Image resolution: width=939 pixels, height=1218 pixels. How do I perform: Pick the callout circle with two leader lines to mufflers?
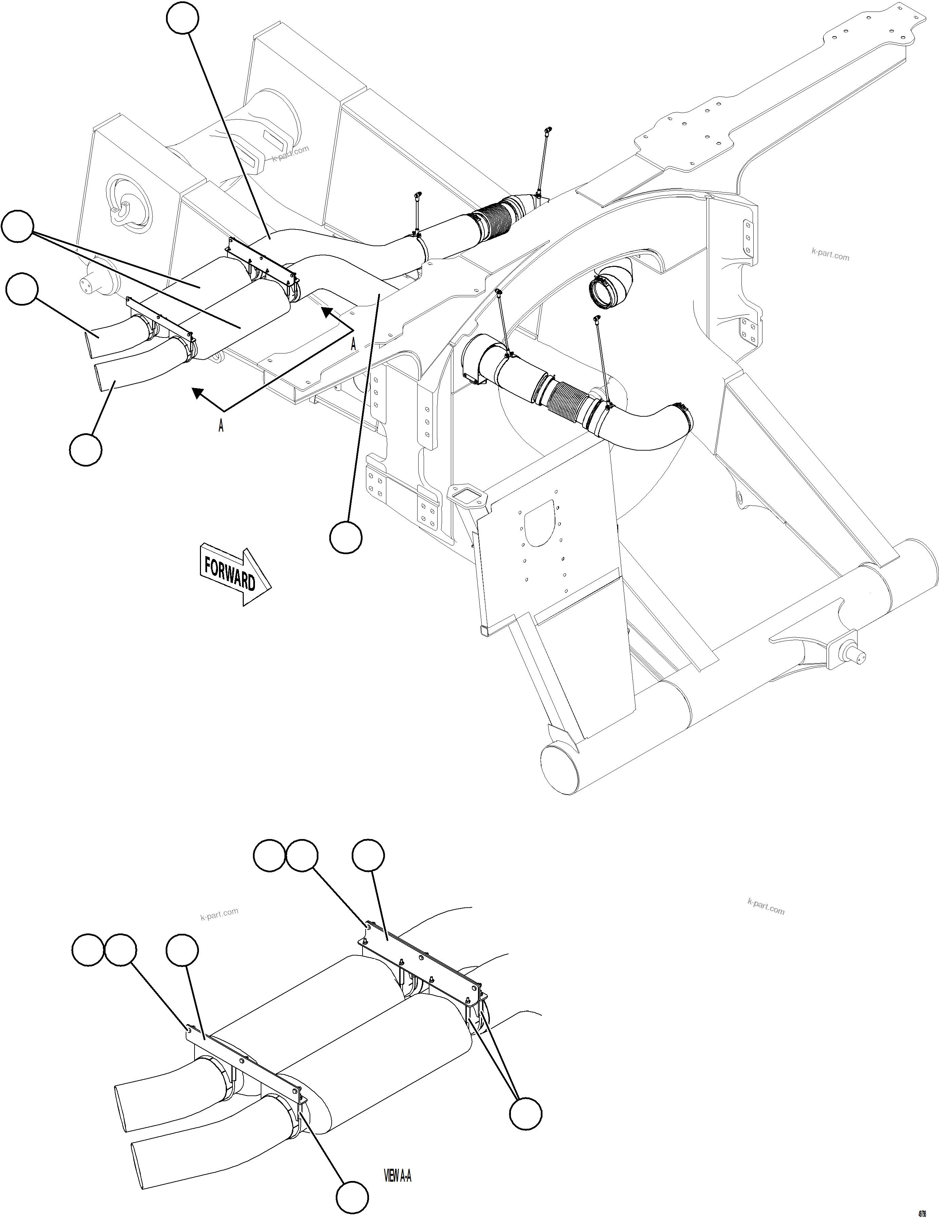pyautogui.click(x=17, y=226)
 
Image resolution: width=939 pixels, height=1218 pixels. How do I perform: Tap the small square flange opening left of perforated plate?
pyautogui.click(x=466, y=494)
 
